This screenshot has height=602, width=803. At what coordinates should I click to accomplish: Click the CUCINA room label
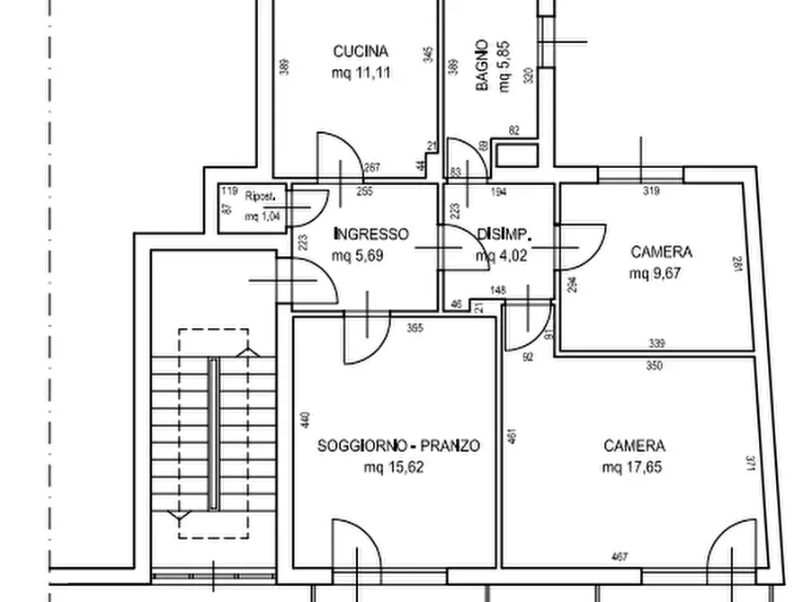[361, 51]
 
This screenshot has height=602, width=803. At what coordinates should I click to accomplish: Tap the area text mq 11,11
[361, 74]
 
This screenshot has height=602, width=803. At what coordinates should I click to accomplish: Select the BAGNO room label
[483, 65]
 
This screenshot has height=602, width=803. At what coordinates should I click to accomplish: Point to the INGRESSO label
[370, 235]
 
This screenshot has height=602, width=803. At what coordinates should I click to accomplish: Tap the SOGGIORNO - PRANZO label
[398, 446]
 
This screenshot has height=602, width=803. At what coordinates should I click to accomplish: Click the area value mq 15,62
[394, 467]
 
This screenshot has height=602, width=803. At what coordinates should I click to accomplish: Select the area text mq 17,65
[634, 467]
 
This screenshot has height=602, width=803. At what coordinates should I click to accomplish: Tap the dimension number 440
[305, 420]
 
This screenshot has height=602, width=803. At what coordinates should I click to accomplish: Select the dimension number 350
[654, 367]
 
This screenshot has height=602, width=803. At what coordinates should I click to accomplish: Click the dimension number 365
[415, 327]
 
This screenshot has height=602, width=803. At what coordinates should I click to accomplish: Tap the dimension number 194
[499, 191]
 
